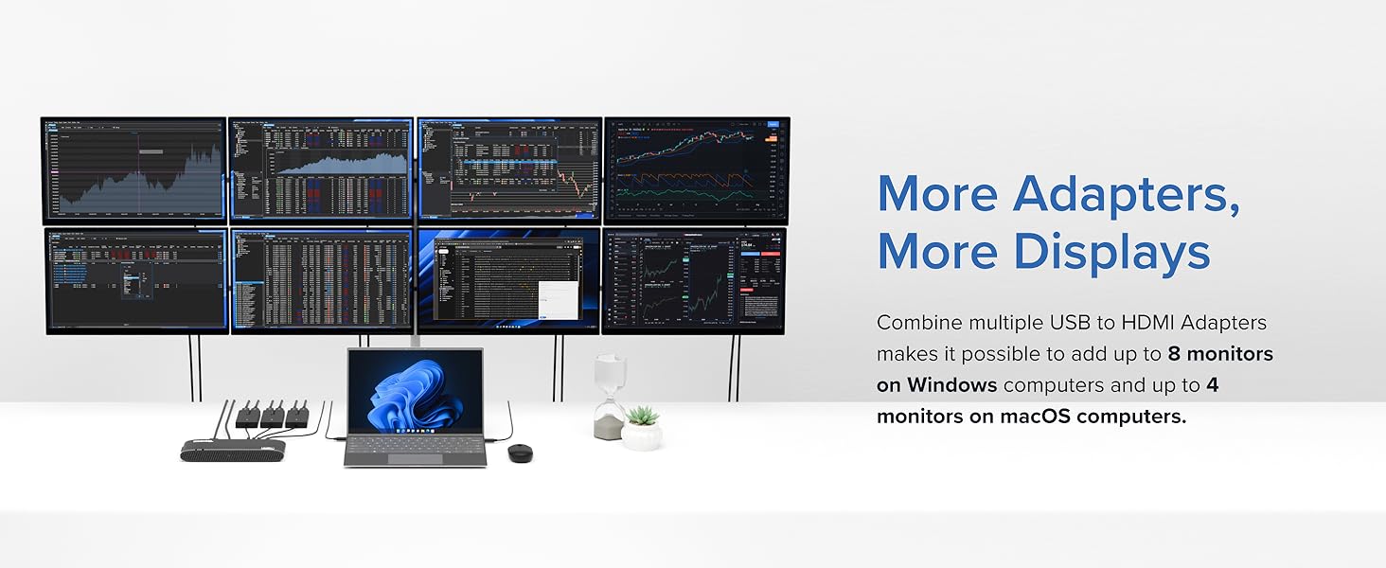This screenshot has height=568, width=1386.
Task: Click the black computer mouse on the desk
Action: click(x=520, y=453)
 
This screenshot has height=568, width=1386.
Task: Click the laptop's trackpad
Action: click(x=415, y=458)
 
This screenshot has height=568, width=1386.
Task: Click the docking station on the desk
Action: click(x=232, y=450)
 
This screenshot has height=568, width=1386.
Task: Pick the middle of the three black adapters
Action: click(x=273, y=415)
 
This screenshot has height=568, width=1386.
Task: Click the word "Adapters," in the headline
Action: click(x=1127, y=193)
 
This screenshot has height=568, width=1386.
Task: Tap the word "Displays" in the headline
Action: click(x=1111, y=252)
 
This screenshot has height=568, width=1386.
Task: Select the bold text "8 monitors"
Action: click(x=1220, y=354)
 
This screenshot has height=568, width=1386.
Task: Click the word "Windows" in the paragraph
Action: click(x=951, y=385)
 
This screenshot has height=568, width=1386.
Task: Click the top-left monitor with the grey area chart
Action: click(x=133, y=170)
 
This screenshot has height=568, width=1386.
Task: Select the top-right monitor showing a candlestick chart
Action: click(x=696, y=170)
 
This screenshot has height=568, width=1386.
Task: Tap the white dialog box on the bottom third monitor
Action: click(x=557, y=299)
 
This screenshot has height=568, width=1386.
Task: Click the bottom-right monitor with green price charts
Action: click(x=694, y=280)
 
